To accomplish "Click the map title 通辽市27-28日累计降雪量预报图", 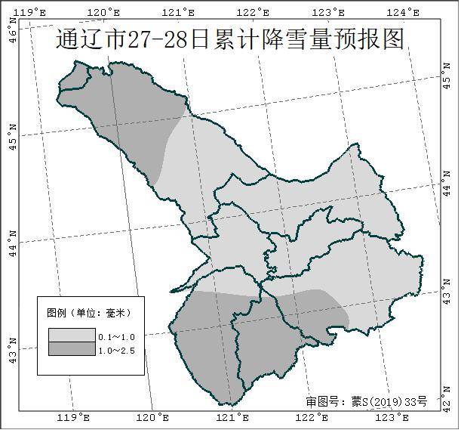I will pos(229,39).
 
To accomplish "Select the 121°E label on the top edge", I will pos(180,12).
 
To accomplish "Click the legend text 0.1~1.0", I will pos(116,336).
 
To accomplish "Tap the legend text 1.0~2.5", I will pos(116,351).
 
